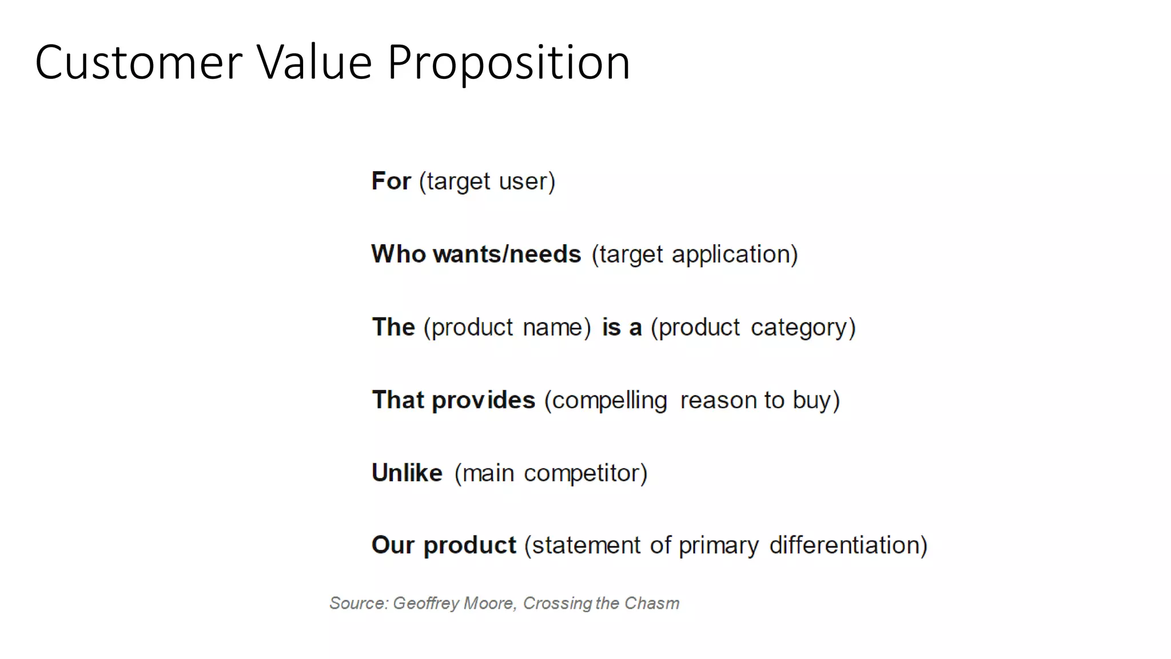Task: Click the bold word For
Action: pos(391,181)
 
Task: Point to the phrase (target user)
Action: pos(487,182)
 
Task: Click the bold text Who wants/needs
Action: pos(476,254)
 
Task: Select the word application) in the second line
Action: pos(735,255)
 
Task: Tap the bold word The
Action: pos(393,327)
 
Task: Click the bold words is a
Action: pos(622,327)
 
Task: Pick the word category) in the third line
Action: pos(803,328)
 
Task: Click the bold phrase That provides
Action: pos(453,400)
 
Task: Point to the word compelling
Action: pos(610,400)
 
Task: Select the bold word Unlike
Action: pos(407,473)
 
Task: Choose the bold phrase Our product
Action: pos(444,545)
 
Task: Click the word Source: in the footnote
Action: pos(359,603)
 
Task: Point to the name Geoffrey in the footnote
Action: pos(426,604)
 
